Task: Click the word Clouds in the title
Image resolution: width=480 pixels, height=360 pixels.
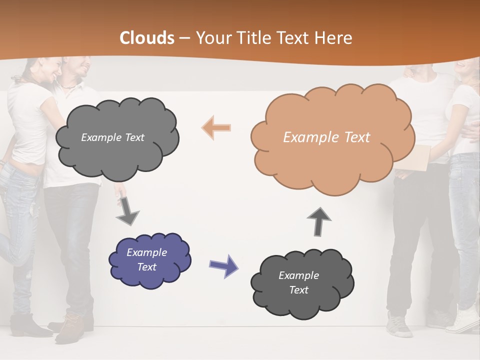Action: pyautogui.click(x=147, y=38)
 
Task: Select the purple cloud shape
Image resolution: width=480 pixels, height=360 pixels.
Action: pyautogui.click(x=149, y=260)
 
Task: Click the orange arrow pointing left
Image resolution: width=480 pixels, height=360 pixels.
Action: pyautogui.click(x=216, y=127)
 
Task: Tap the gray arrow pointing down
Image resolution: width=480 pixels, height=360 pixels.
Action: pyautogui.click(x=127, y=210)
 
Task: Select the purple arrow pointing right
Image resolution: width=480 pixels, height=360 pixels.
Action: pyautogui.click(x=223, y=265)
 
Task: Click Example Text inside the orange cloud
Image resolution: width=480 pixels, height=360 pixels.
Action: pyautogui.click(x=326, y=137)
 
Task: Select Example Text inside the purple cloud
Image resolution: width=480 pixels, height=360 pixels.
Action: pyautogui.click(x=146, y=260)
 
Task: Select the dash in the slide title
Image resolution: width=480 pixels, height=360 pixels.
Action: pyautogui.click(x=184, y=38)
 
